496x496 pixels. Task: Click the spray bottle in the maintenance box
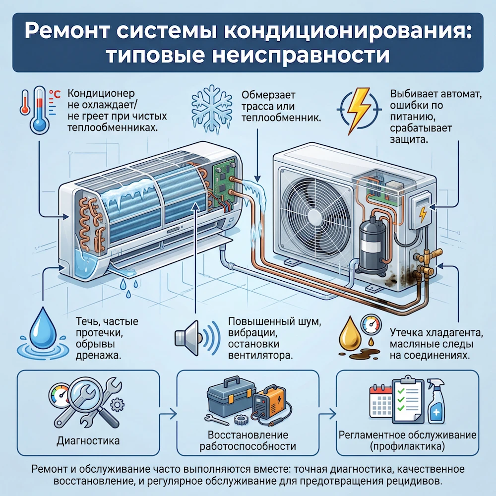(436, 404)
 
